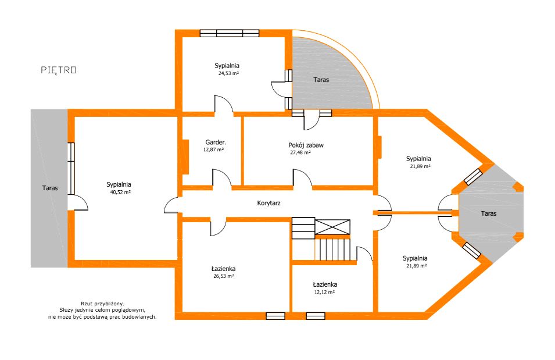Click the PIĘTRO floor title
58,70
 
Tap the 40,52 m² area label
120,193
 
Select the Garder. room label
216,142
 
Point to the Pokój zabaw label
306,145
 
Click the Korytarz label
268,203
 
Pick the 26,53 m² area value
223,276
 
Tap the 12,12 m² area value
325,293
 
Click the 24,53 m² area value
228,74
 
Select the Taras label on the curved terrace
321,80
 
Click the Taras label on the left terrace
50,188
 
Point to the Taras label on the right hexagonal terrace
488,213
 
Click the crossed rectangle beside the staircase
332,227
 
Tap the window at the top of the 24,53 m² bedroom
230,33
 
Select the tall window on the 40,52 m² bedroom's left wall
71,168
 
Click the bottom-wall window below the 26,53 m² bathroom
275,316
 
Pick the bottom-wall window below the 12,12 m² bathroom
316,316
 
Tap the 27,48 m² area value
300,153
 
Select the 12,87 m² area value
213,150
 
